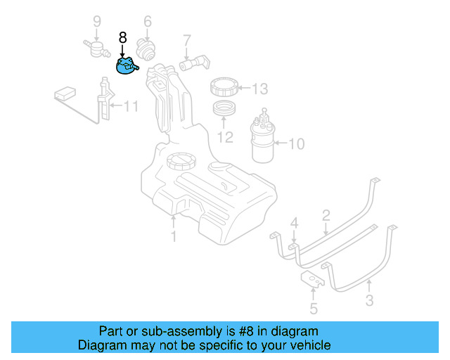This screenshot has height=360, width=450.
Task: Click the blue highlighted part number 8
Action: (x=125, y=66)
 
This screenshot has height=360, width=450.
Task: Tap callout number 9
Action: (x=97, y=22)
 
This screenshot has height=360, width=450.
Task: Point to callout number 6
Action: (x=148, y=22)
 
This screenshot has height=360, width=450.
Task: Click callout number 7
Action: (x=187, y=39)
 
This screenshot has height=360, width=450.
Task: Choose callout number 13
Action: (x=259, y=89)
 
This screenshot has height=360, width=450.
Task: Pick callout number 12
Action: (x=224, y=137)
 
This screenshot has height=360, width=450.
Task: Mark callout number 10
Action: (x=296, y=145)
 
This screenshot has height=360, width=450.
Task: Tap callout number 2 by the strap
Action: (x=326, y=214)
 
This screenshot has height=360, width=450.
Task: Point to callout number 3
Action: (x=369, y=302)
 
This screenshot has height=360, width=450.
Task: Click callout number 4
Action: (x=295, y=223)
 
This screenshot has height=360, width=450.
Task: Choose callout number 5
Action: (x=314, y=307)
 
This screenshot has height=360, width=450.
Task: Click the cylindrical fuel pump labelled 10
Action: (x=263, y=140)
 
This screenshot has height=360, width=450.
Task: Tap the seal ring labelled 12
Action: (x=224, y=110)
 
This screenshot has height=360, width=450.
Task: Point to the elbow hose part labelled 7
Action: (x=193, y=64)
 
